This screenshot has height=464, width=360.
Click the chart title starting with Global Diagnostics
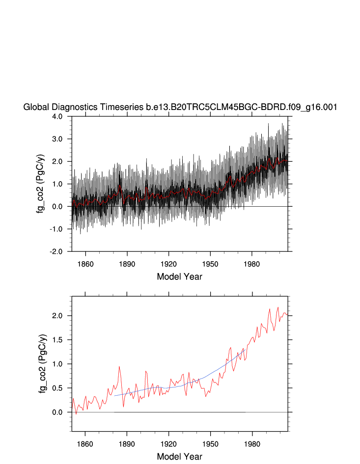(x=180, y=108)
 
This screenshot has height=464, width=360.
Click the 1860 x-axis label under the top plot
(x=85, y=261)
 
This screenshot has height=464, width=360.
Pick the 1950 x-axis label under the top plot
(x=211, y=261)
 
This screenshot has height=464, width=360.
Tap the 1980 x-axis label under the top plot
(x=252, y=261)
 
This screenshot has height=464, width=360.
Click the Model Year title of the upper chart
(x=179, y=276)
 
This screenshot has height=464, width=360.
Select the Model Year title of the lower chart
(x=179, y=457)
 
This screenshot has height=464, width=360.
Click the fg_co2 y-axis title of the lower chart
(x=43, y=364)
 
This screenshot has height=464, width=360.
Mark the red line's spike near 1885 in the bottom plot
(x=119, y=367)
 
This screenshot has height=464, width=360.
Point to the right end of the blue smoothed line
(x=246, y=348)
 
